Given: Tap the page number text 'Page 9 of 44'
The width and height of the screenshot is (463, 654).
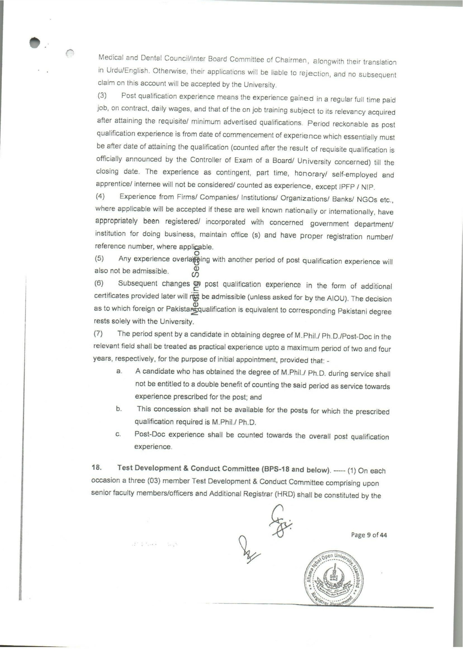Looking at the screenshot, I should (x=369, y=535).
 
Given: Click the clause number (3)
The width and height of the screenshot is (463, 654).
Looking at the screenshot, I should (x=102, y=96).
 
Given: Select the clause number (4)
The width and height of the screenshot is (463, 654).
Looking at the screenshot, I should (x=100, y=197).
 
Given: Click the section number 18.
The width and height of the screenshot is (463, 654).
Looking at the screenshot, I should (x=96, y=468).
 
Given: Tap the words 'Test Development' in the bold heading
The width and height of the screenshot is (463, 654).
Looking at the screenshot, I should (x=153, y=468).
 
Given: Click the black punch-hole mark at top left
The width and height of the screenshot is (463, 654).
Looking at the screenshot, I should (x=35, y=43).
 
